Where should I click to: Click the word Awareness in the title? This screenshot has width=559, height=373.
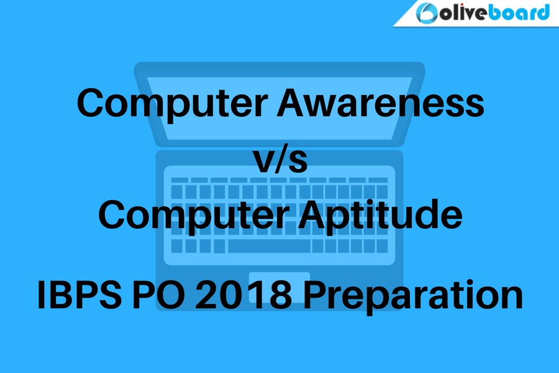pyautogui.click(x=380, y=103)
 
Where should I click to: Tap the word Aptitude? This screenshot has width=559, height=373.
pyautogui.click(x=380, y=214)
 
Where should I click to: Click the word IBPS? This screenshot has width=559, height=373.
pyautogui.click(x=80, y=295)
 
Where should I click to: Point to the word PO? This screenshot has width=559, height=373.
pyautogui.click(x=158, y=295)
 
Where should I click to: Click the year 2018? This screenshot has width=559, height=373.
pyautogui.click(x=243, y=295)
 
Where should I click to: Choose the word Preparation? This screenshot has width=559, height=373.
pyautogui.click(x=413, y=297)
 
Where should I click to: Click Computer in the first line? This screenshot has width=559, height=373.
pyautogui.click(x=172, y=104)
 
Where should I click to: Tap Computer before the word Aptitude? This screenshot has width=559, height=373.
pyautogui.click(x=194, y=216)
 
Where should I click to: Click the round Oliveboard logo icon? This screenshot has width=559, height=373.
pyautogui.click(x=426, y=13)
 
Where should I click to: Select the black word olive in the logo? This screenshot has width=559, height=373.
pyautogui.click(x=463, y=14)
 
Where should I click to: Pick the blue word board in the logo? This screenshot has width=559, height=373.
pyautogui.click(x=519, y=13)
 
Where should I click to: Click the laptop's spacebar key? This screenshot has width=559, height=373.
pyautogui.click(x=269, y=246)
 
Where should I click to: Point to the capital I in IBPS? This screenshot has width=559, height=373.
pyautogui.click(x=40, y=295)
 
